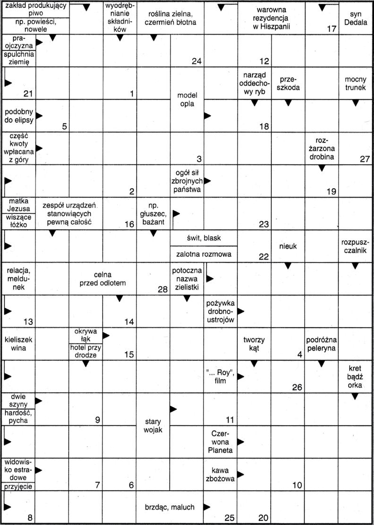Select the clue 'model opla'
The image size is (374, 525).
pos(187,99)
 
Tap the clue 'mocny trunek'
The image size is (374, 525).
pos(356,83)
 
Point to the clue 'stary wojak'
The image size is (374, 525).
pos(153,425)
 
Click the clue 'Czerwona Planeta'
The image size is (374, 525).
pos(220,441)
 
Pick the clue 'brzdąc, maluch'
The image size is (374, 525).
pos(170,507)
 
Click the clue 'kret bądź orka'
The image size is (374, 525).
pos(356,376)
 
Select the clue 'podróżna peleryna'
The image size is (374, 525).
pos(321,344)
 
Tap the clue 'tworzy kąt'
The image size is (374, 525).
pos(254,344)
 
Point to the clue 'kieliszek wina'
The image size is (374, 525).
pos(18,344)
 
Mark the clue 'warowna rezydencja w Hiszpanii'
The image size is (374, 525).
pos(271,18)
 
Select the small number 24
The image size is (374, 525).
pos(197,61)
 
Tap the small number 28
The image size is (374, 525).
pos(163,289)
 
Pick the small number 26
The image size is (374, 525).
pos(297,387)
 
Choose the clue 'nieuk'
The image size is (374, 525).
pos(288,247)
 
